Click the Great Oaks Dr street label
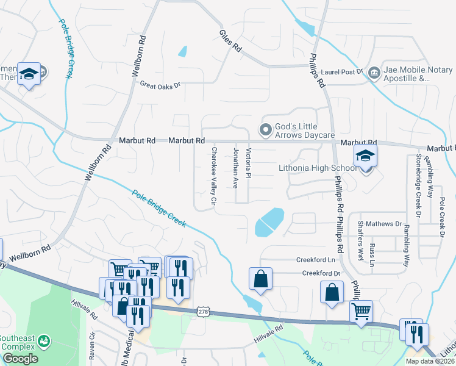(161, 85)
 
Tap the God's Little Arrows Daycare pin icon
(265, 129)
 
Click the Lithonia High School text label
(317, 168)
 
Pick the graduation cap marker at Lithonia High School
(366, 156)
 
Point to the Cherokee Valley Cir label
(214, 175)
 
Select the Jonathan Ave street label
(235, 166)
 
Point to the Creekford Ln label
(313, 259)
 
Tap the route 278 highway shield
(203, 312)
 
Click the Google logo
(20, 359)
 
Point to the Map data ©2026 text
(430, 361)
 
